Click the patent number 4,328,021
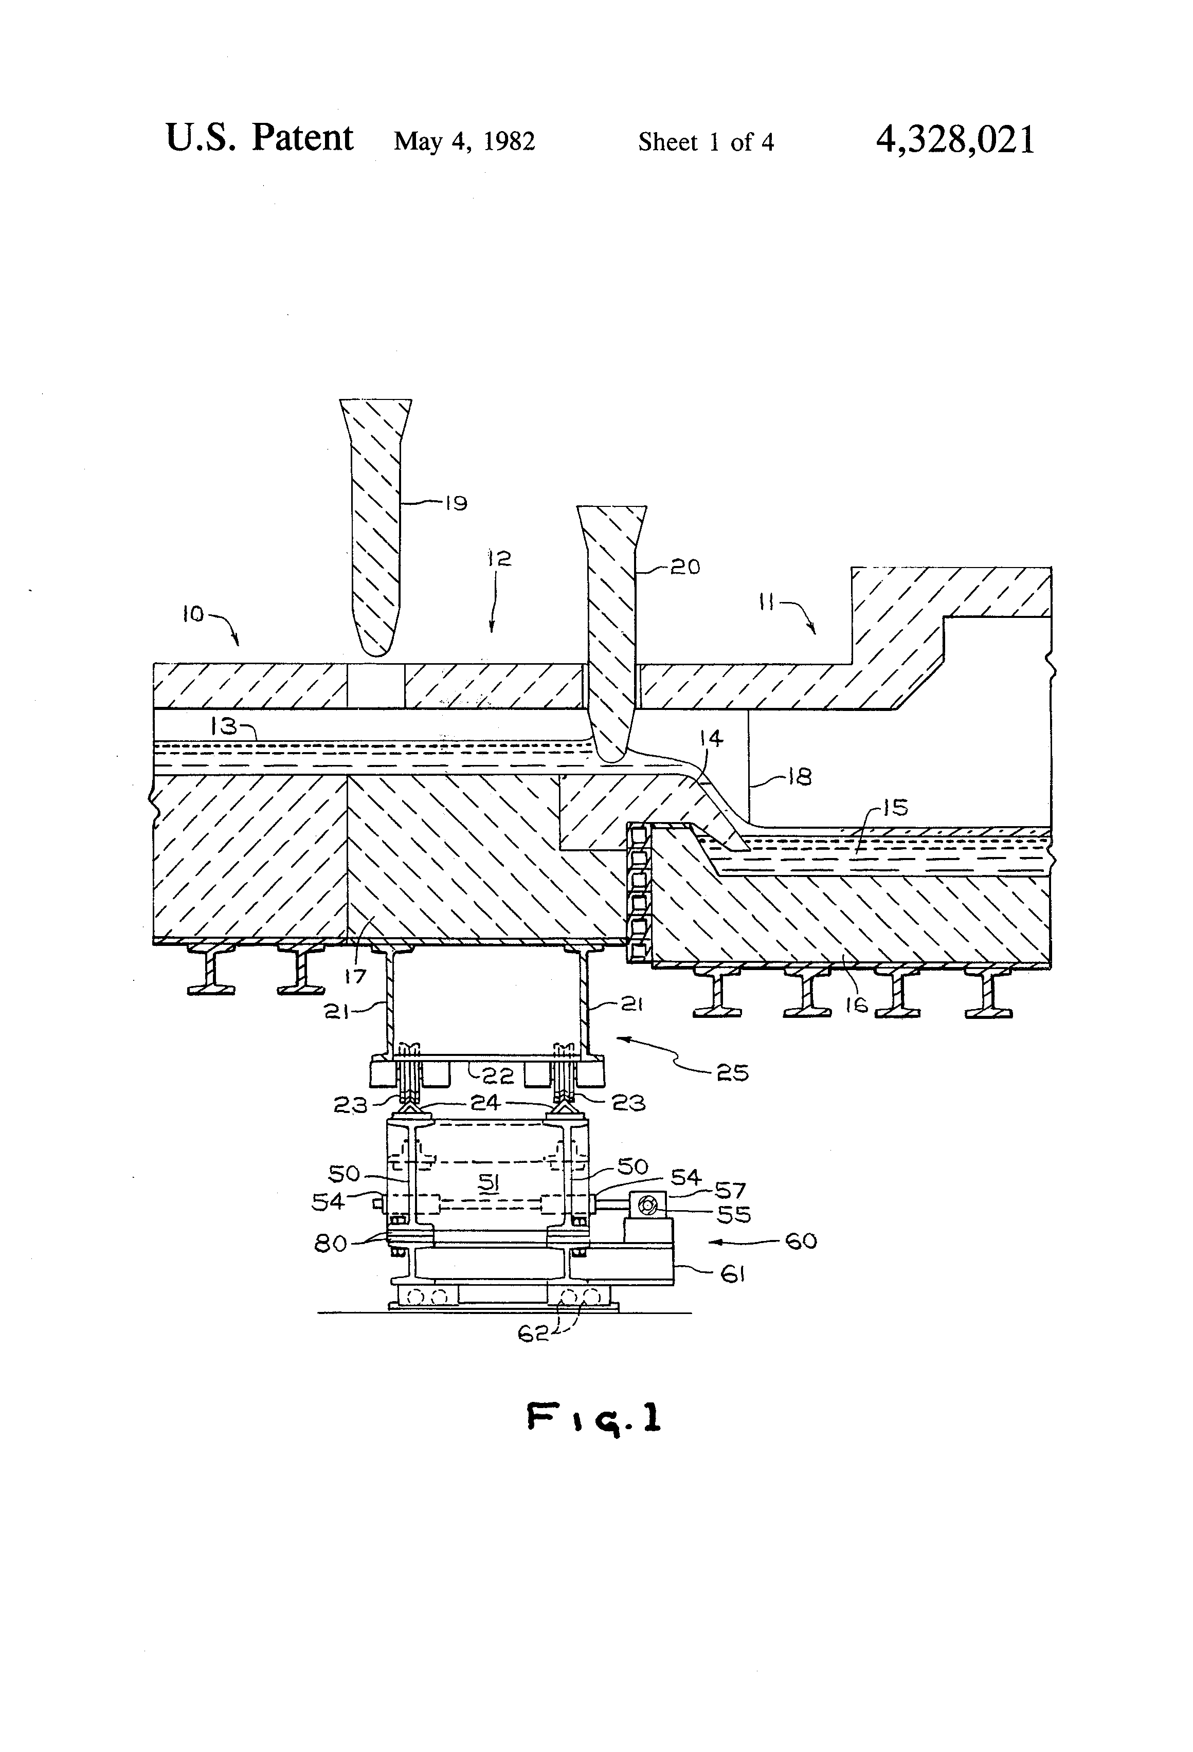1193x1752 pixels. (955, 140)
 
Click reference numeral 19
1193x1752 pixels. (456, 503)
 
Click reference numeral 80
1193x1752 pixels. (330, 1243)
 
